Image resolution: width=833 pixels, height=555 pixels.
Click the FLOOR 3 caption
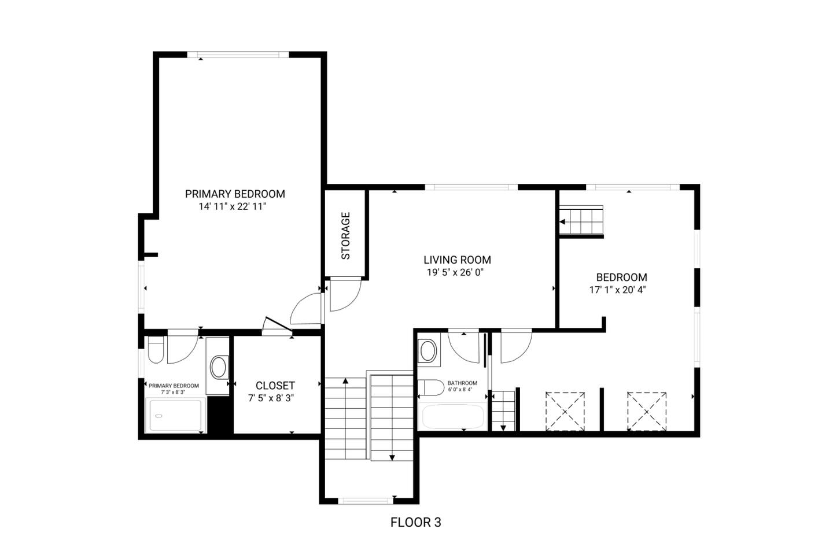tap(415, 522)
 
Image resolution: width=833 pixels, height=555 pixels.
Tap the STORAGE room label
tap(346, 236)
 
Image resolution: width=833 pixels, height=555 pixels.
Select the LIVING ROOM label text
tap(457, 260)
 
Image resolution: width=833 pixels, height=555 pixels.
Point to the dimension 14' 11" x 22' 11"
tap(233, 207)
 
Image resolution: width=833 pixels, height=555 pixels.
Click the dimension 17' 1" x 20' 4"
tap(618, 290)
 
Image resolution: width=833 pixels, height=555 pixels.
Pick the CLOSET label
tap(275, 386)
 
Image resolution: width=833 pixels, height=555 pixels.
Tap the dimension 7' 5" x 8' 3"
tap(271, 398)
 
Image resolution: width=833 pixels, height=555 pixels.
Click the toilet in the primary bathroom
tap(156, 349)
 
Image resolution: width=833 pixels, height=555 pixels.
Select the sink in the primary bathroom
tap(219, 367)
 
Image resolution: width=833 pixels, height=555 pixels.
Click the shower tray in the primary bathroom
tap(175, 415)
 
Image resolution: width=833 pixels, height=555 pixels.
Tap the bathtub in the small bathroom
tap(454, 416)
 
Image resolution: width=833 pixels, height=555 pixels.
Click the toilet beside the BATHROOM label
tap(431, 388)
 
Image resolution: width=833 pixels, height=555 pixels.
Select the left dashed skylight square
tap(565, 411)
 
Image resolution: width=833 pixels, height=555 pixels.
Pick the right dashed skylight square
tap(647, 411)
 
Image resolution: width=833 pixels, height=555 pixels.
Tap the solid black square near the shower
tap(219, 415)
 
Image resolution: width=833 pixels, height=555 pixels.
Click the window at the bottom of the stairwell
tap(366, 501)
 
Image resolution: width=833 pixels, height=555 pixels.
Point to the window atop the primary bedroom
tap(238, 54)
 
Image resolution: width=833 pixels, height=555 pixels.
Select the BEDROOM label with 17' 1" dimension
tap(621, 277)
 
